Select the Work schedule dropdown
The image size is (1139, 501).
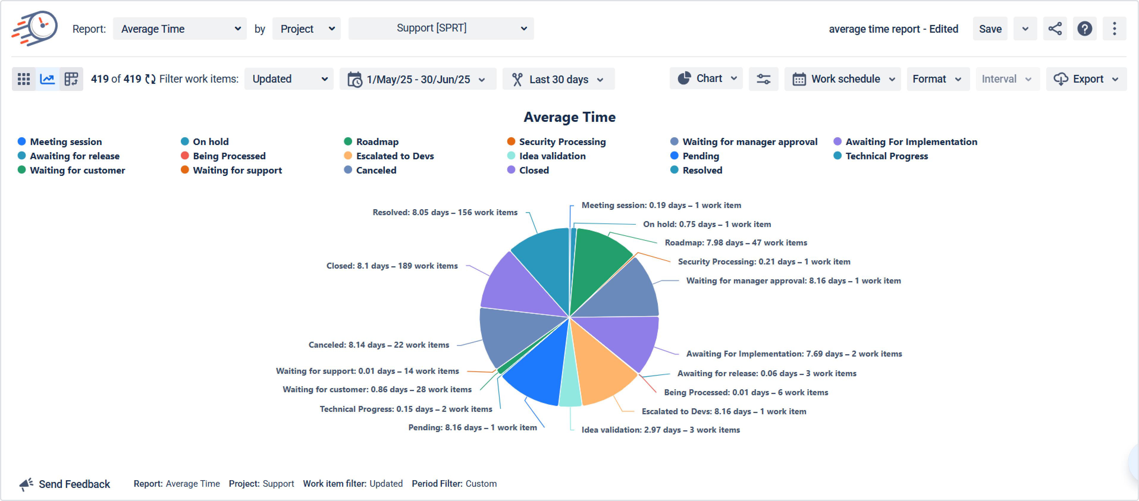pyautogui.click(x=842, y=79)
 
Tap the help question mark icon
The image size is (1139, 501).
pyautogui.click(x=1084, y=29)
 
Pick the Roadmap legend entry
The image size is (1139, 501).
pyautogui.click(x=377, y=142)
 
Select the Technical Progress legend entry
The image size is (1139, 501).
pyautogui.click(x=886, y=156)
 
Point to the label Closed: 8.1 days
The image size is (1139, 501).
pyautogui.click(x=392, y=266)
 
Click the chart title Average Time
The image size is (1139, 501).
pyautogui.click(x=569, y=117)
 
